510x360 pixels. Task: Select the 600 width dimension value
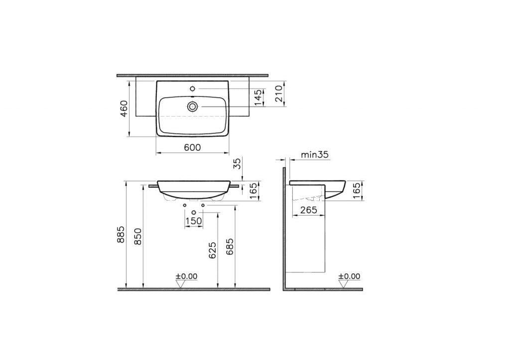(x=192, y=147)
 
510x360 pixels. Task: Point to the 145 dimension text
(x=257, y=98)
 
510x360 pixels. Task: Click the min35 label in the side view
(x=315, y=155)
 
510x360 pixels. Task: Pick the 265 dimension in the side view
(x=309, y=210)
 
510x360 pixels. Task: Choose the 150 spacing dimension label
(x=194, y=221)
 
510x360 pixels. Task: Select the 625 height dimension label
(x=213, y=250)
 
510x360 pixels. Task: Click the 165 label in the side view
(x=357, y=190)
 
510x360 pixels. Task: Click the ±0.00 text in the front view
(x=186, y=276)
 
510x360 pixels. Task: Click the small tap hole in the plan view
(x=193, y=89)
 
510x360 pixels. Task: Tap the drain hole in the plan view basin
(x=193, y=106)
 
